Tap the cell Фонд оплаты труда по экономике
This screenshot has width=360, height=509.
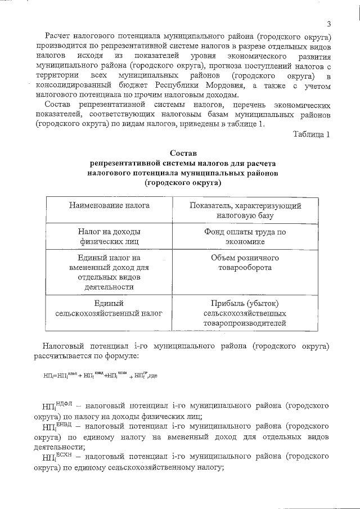pos(246,236)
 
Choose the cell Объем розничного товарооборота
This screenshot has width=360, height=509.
pos(246,263)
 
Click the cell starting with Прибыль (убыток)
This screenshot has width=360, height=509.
pos(246,313)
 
